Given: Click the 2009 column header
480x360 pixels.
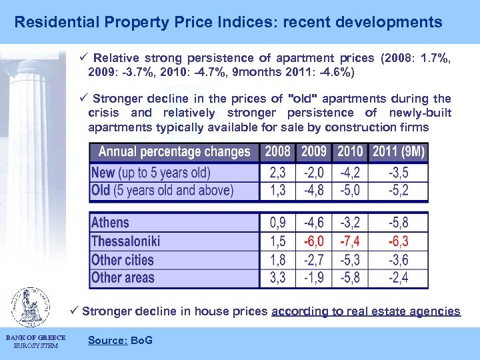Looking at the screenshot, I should click(x=314, y=152).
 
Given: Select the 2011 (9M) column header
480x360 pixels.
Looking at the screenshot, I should click(x=399, y=152).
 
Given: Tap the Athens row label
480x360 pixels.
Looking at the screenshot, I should click(x=110, y=223).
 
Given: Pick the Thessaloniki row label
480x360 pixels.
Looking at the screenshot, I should click(x=125, y=241).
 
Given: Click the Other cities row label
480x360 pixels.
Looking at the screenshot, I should click(x=122, y=259).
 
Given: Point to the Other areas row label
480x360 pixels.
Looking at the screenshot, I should click(x=122, y=277).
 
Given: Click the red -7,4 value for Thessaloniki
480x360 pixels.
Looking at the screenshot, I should click(x=350, y=241).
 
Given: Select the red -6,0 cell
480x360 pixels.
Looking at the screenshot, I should click(x=314, y=241).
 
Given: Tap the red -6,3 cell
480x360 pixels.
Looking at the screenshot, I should click(x=399, y=241).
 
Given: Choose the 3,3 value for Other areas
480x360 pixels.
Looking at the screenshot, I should click(x=278, y=277).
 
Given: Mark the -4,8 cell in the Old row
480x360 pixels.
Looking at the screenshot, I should click(x=314, y=191).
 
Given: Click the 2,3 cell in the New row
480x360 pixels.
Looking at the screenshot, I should click(x=278, y=173).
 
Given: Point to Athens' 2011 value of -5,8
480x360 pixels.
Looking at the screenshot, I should click(x=399, y=223).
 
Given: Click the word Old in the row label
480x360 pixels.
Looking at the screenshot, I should click(x=101, y=191).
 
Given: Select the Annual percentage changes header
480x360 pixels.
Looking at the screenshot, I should click(x=175, y=152).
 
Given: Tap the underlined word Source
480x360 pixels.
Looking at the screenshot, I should click(x=107, y=341).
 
